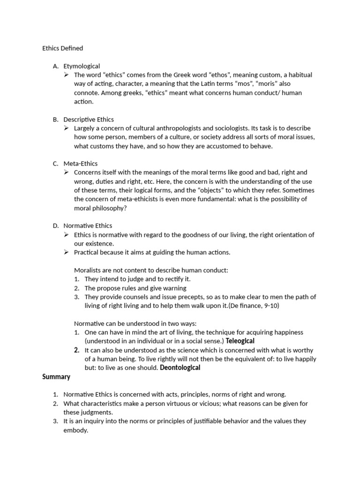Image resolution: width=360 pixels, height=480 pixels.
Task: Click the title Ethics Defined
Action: coord(62,48)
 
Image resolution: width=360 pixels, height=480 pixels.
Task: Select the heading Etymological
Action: coord(82,66)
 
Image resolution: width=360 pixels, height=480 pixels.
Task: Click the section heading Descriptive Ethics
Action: coord(89,120)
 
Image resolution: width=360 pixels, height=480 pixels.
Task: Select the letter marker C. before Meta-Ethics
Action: coord(55,164)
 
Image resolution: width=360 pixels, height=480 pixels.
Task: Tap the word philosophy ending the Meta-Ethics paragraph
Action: coord(109,208)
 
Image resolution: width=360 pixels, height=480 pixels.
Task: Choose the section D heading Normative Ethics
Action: coord(88,226)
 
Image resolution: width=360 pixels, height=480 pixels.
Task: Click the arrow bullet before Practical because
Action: coord(67,253)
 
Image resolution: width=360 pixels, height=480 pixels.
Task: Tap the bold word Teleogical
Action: coord(240,341)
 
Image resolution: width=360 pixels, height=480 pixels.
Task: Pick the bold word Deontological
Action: coord(180,368)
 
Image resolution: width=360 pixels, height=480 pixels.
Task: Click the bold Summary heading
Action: coord(56,377)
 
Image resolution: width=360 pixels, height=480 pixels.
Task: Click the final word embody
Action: coord(75,430)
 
